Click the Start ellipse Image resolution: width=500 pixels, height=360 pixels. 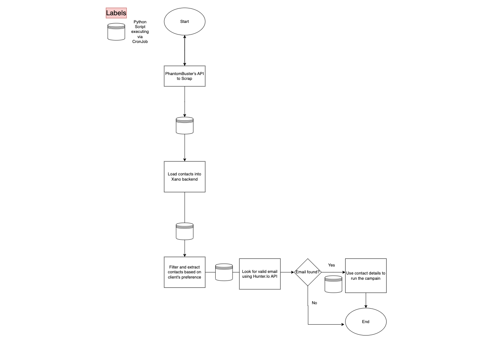pos(185,22)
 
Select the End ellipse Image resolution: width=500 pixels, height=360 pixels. pos(366,322)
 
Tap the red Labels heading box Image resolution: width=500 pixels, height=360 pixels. pos(116,13)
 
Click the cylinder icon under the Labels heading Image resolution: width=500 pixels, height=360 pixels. pos(116,32)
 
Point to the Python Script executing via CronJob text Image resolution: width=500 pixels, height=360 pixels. pos(140,32)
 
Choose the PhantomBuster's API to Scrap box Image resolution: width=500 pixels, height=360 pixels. pos(185,76)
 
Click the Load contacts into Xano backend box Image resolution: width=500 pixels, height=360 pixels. pos(185,177)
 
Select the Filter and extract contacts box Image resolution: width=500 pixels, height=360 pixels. pos(185,272)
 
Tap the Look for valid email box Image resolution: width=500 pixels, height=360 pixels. pos(260,274)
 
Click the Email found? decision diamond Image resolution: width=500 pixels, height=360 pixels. pos(308,272)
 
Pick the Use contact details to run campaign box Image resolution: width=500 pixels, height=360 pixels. pos(366,276)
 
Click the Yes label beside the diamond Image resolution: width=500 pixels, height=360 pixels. pos(331,265)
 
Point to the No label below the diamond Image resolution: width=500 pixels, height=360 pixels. pos(314,303)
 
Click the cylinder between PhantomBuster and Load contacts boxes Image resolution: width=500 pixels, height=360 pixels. pos(185,126)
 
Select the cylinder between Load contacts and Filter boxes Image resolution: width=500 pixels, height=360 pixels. pos(185,231)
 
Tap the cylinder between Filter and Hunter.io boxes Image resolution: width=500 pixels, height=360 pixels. pos(224,272)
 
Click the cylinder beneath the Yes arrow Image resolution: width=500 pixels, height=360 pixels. pos(333,284)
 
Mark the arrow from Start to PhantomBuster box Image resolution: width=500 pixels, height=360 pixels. pos(185,51)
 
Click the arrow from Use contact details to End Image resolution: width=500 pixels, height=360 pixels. pos(366,301)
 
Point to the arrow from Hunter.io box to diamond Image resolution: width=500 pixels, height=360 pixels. pos(287,272)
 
